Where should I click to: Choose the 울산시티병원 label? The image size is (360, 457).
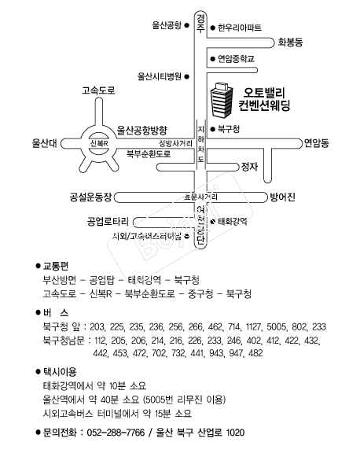coord(159,76)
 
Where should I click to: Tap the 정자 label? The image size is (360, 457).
coord(250,166)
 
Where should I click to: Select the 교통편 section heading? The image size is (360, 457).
coord(56,266)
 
